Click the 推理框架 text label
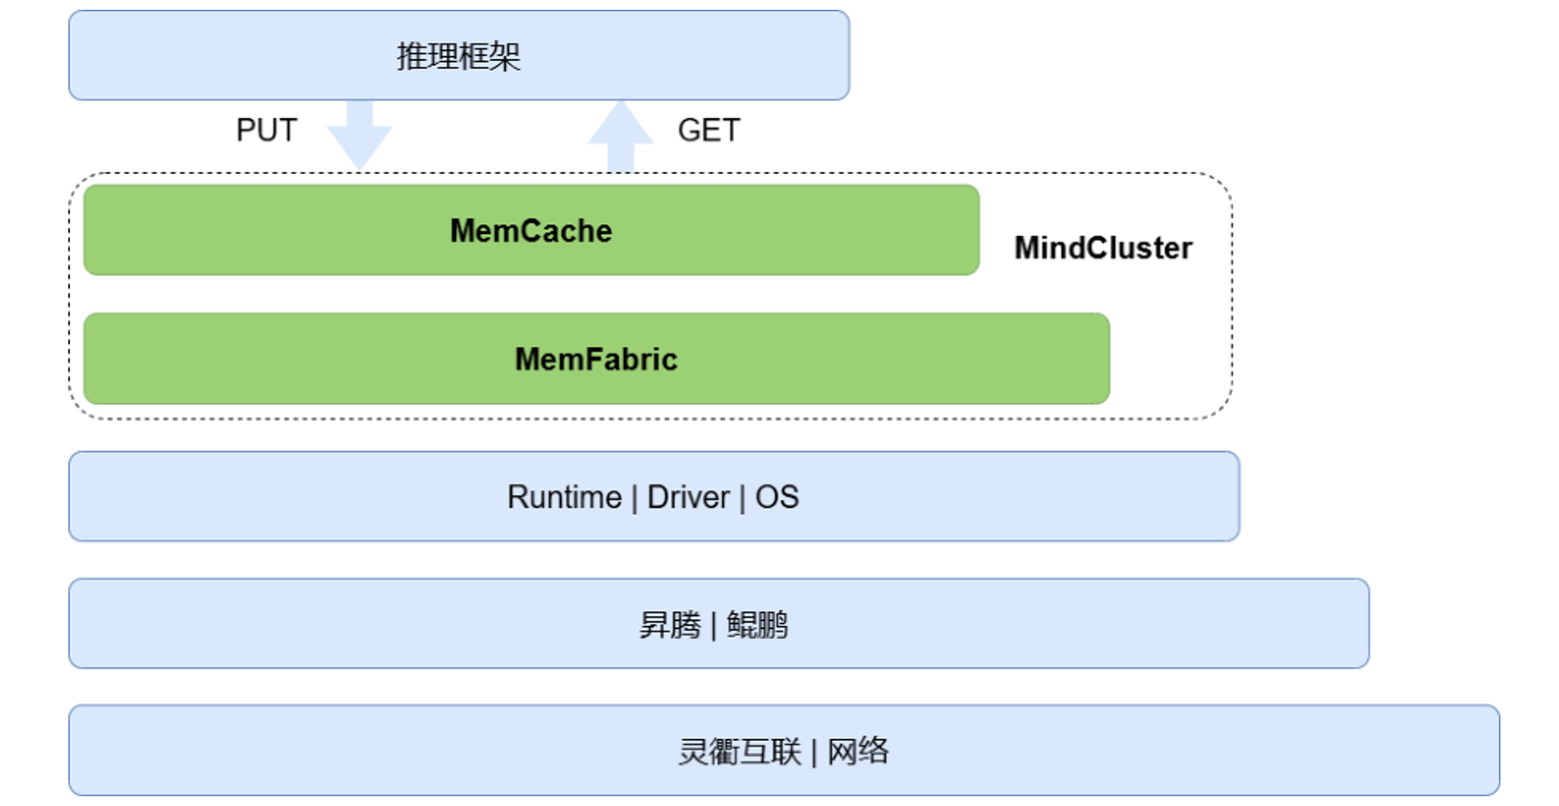click(x=458, y=56)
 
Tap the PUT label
click(x=266, y=130)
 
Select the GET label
click(x=708, y=130)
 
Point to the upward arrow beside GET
click(x=620, y=135)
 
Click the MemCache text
click(x=530, y=230)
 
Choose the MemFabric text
click(x=596, y=359)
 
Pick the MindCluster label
click(x=1103, y=248)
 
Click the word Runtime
click(x=564, y=497)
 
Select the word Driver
click(x=688, y=497)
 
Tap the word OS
click(x=776, y=497)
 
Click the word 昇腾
click(x=670, y=624)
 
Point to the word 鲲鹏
click(x=757, y=624)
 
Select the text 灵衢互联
click(x=740, y=751)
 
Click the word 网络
click(x=858, y=751)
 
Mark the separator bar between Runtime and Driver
click(x=635, y=498)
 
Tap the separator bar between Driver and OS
click(x=742, y=498)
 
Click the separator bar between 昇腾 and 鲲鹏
click(x=713, y=625)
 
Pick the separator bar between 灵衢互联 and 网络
click(x=814, y=752)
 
